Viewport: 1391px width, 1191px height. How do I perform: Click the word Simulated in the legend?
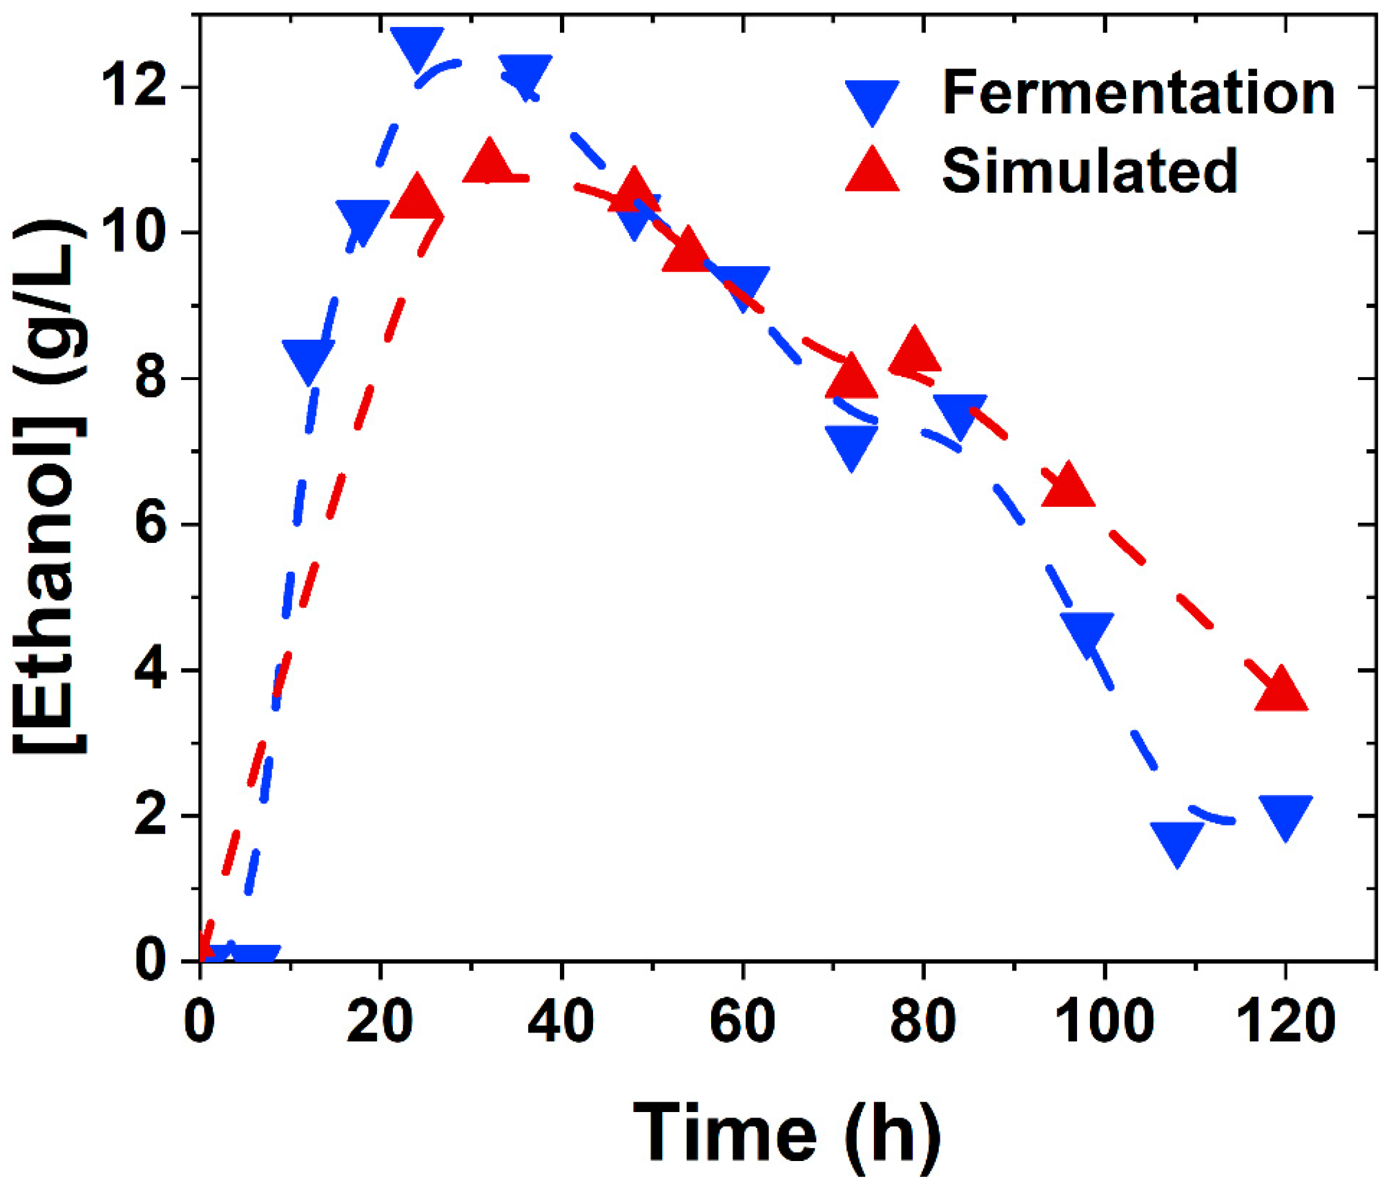click(x=1089, y=171)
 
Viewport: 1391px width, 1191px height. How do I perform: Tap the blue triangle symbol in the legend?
click(x=872, y=100)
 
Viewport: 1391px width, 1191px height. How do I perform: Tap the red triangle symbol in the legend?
click(x=872, y=171)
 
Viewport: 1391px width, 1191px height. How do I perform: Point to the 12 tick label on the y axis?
click(x=133, y=88)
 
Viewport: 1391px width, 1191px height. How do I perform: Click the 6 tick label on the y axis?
click(x=151, y=525)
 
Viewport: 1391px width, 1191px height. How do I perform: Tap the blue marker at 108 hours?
click(x=1177, y=840)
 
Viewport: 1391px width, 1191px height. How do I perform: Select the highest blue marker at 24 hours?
click(x=417, y=46)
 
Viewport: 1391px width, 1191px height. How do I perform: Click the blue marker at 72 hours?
click(x=851, y=445)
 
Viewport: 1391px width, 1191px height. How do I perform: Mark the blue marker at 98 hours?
click(x=1087, y=632)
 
